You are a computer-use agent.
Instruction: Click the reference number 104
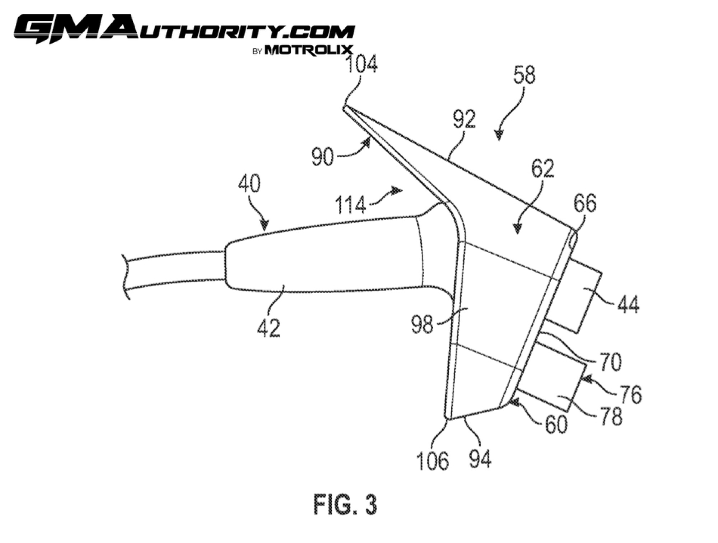click(x=362, y=65)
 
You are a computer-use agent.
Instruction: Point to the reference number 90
click(x=322, y=157)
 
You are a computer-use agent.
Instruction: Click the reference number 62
click(x=542, y=168)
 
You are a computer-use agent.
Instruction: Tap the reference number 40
click(x=249, y=184)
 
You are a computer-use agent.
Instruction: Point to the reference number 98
click(x=423, y=325)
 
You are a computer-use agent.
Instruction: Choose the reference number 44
click(x=628, y=305)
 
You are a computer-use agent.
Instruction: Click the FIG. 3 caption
click(x=345, y=505)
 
